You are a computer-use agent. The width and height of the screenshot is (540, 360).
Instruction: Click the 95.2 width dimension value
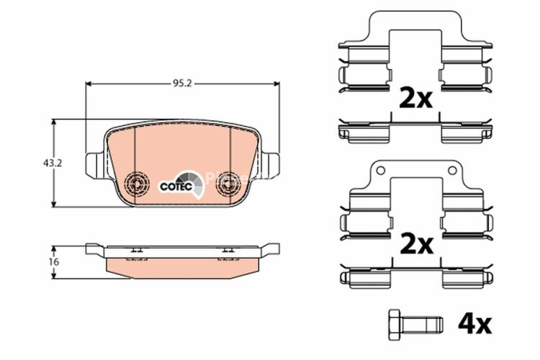point(181,84)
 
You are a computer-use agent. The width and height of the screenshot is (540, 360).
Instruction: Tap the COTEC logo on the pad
point(176,185)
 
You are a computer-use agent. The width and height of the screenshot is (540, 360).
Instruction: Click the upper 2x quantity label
point(415,97)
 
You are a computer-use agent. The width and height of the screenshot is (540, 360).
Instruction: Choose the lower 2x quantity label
point(415,245)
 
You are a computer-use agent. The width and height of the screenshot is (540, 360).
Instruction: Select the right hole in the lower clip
point(452,170)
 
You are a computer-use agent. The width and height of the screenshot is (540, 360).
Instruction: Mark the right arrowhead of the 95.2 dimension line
point(276,84)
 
